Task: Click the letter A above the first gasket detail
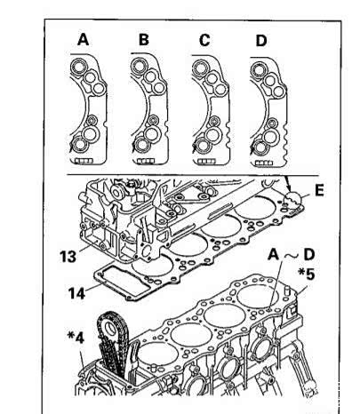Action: click(83, 39)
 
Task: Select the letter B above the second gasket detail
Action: click(144, 39)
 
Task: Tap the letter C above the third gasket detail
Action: click(204, 40)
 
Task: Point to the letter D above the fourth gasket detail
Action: click(261, 41)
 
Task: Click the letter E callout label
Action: click(319, 190)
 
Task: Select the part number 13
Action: click(68, 256)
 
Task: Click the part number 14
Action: click(76, 293)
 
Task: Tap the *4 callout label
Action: click(76, 338)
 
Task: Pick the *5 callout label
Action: click(307, 275)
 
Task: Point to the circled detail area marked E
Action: click(292, 201)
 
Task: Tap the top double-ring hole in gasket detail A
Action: click(78, 67)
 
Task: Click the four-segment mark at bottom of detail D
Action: click(264, 163)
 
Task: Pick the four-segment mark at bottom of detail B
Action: click(145, 161)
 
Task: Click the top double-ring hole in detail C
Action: click(200, 68)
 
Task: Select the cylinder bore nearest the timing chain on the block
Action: click(158, 354)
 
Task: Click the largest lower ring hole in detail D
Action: click(269, 136)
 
